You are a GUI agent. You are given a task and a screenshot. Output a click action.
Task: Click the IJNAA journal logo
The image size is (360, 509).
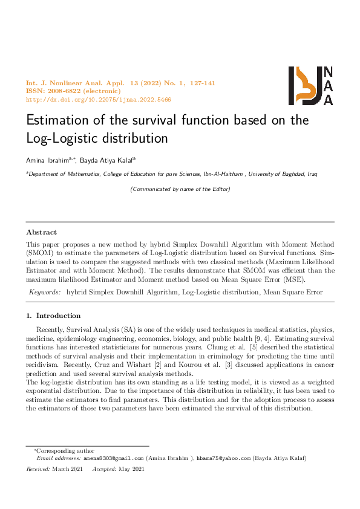click(310, 85)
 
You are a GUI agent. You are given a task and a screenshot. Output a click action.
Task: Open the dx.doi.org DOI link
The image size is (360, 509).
click(99, 99)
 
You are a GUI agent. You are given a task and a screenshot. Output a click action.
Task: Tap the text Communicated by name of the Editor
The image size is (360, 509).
click(180, 189)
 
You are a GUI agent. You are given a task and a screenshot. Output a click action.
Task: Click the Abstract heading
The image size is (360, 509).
click(42, 232)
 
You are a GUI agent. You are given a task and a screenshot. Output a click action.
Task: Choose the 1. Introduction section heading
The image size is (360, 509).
click(53, 316)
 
